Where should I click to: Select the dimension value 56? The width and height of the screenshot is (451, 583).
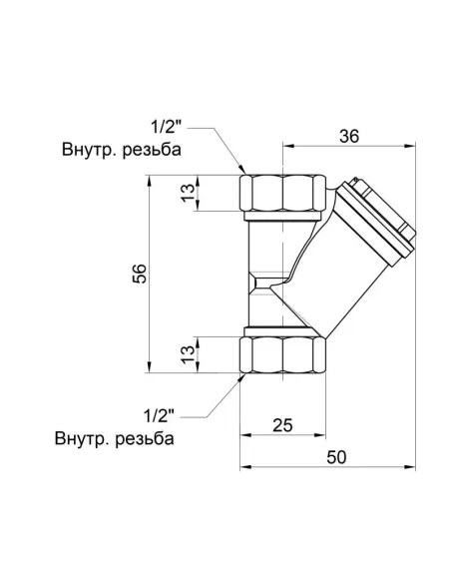tap(140, 274)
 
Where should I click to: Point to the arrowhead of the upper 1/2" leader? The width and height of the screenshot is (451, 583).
tap(242, 173)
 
